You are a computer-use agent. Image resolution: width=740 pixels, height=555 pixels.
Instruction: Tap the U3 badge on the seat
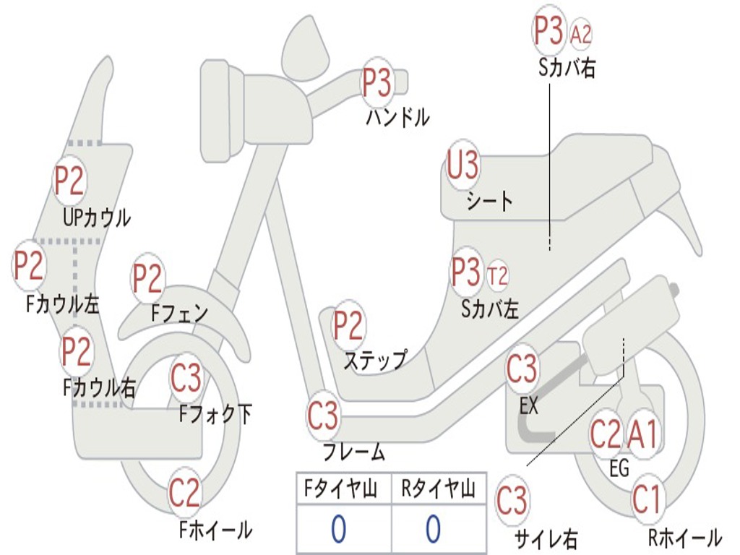(x=462, y=166)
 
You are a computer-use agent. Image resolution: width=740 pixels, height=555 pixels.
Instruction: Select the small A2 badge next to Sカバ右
(x=581, y=34)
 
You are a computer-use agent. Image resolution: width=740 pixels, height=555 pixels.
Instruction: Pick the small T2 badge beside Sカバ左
(x=497, y=275)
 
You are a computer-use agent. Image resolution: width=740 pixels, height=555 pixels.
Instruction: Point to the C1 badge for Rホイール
(x=646, y=499)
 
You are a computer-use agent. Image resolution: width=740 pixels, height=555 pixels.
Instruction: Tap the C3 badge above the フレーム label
(x=322, y=416)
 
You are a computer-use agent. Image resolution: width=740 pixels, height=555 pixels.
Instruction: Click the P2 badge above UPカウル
(x=69, y=181)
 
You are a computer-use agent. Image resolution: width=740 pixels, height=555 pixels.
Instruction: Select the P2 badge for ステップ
(x=348, y=326)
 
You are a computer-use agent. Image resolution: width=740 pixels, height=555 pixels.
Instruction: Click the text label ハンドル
(x=397, y=117)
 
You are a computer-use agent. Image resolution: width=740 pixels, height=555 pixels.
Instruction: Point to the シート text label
(x=489, y=201)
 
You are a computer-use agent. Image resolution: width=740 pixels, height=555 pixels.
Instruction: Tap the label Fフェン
(x=179, y=313)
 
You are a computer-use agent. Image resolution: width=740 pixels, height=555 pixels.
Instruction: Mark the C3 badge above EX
(x=522, y=369)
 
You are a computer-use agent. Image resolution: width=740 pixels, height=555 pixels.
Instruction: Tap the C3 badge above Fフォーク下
(x=186, y=377)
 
